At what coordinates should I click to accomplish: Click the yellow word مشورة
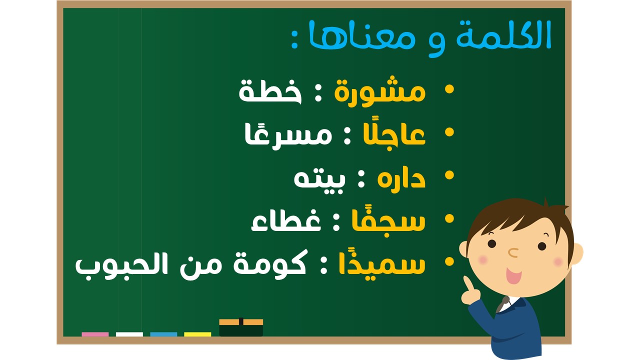point(380,91)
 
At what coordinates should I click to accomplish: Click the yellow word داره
point(401,178)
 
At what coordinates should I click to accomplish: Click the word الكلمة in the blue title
point(503,34)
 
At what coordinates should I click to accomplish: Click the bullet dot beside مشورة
point(449,88)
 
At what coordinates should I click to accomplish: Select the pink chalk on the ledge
point(95,334)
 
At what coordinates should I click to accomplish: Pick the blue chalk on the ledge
point(163,334)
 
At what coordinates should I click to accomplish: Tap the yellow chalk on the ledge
point(197,334)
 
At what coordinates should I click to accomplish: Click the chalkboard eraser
point(241,327)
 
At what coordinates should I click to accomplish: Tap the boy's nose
point(513,252)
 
